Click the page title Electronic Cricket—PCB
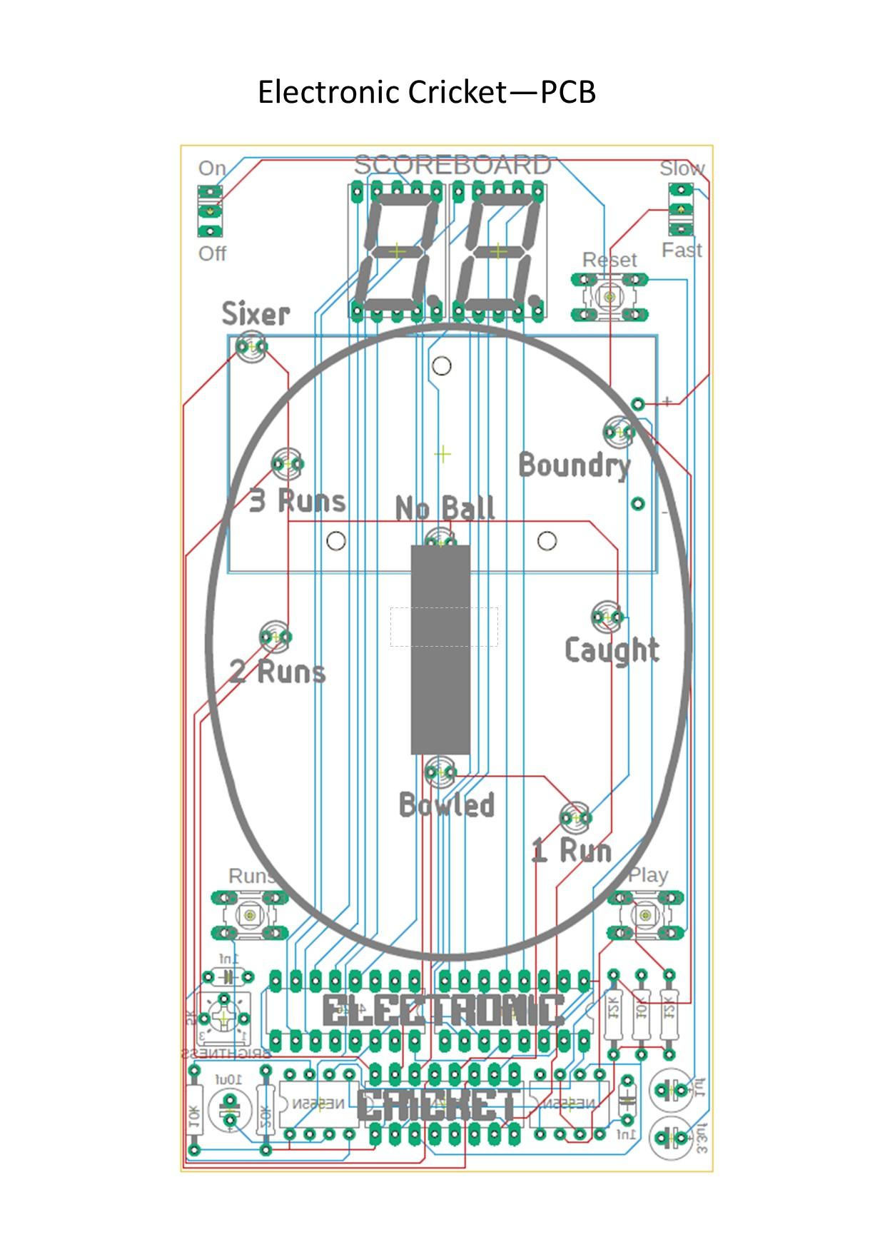(426, 92)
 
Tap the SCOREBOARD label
(452, 165)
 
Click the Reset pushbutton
(609, 296)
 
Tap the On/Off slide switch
(210, 211)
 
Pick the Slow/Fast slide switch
(681, 209)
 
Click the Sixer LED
(251, 348)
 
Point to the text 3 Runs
(297, 500)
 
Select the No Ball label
(445, 508)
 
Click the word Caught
(612, 650)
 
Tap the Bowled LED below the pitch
(440, 772)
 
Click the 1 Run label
(572, 850)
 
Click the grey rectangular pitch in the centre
(440, 650)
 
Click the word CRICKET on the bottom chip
(438, 1106)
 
